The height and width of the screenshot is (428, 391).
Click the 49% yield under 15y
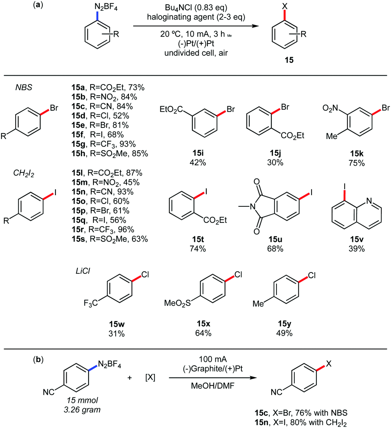285,333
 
